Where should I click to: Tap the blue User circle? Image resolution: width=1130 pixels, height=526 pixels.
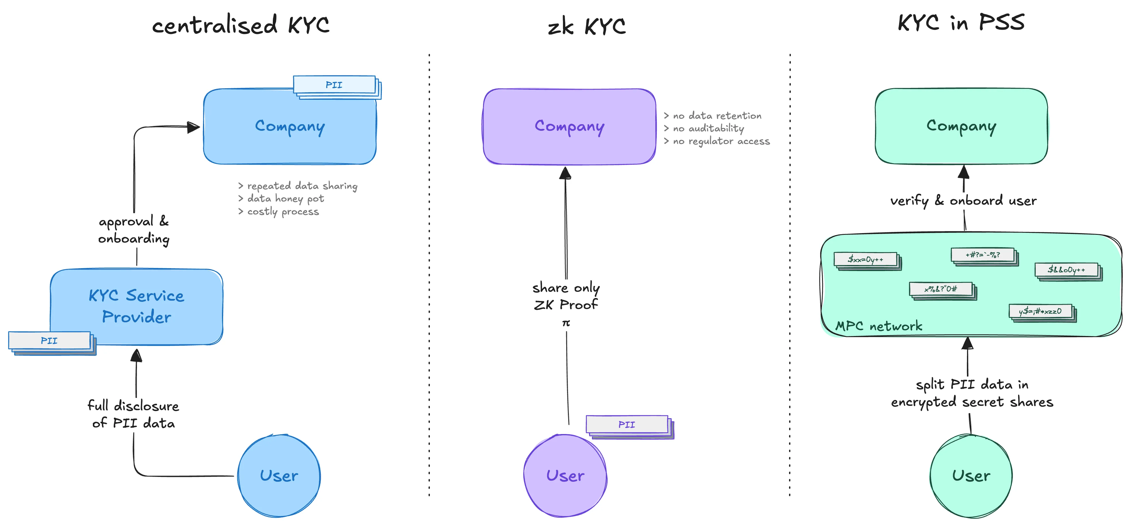coord(279,476)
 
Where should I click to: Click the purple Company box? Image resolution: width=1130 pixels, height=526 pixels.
coord(569,127)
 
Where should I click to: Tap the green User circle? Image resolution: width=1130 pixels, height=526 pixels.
coord(971,476)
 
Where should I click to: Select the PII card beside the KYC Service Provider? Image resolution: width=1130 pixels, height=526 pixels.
coord(49,341)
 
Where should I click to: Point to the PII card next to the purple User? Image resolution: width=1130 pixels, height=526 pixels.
coord(627,424)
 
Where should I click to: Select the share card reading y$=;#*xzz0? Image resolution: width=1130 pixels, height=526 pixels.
coord(1040,311)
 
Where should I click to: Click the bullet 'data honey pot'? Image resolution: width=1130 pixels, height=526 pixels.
coord(285,199)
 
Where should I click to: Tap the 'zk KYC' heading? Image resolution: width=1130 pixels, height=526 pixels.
coord(587,26)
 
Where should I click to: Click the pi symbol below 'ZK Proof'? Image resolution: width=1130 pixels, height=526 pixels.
coord(566,323)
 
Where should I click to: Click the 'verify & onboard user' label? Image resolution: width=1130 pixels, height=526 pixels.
coord(963,201)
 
